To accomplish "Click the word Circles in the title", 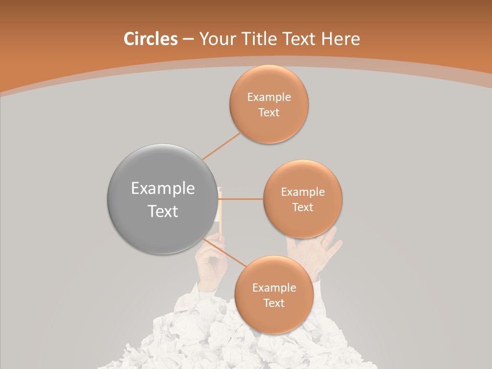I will [x=150, y=39].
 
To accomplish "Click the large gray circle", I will [x=162, y=199].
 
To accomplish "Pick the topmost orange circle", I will [x=269, y=104].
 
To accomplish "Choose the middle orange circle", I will [x=302, y=199].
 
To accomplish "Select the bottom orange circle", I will [x=274, y=295].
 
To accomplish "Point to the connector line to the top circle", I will [x=222, y=145].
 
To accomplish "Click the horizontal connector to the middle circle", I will [x=241, y=199].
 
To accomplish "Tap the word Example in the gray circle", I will [x=163, y=189].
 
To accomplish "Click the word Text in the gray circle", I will [x=163, y=211].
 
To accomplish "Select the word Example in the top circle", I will [x=269, y=97].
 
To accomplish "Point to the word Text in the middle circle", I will [x=302, y=207].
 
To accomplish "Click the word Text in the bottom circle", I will [x=274, y=303].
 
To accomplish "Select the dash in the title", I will [x=188, y=39].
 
